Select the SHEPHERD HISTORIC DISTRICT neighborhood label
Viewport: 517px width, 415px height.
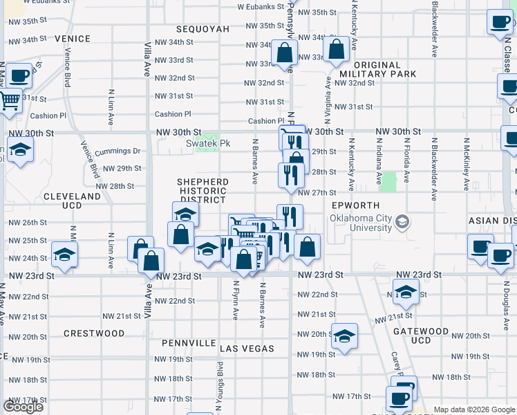coord(203,190)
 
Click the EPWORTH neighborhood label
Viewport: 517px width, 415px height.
coord(355,205)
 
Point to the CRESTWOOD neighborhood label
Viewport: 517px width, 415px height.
coord(94,333)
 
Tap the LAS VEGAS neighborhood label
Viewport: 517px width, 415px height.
coord(247,349)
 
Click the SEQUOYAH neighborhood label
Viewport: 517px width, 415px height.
coord(203,29)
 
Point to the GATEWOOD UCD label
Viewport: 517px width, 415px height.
coord(420,335)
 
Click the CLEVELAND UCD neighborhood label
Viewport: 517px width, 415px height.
coord(72,201)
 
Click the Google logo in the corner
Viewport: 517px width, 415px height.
coord(23,407)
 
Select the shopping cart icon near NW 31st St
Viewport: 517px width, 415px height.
coord(10,101)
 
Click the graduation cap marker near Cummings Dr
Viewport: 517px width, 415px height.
coord(21,149)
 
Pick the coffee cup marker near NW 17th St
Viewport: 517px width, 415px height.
coord(399,398)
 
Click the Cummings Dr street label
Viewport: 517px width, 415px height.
coord(122,151)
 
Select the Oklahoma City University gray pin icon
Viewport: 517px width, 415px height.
coord(404,222)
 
